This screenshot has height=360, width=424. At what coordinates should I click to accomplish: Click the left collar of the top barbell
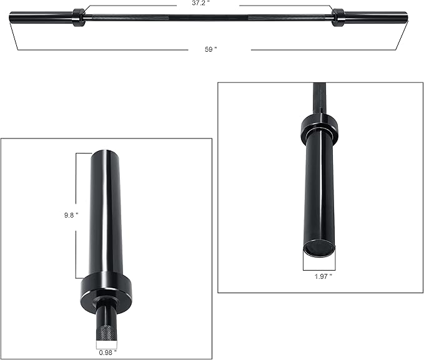tap(79, 17)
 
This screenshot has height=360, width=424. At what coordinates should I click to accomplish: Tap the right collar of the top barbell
tap(338, 17)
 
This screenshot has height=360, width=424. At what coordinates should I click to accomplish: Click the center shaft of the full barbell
tap(209, 19)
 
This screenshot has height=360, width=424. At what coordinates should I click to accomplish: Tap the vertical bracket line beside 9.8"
tap(77, 215)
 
